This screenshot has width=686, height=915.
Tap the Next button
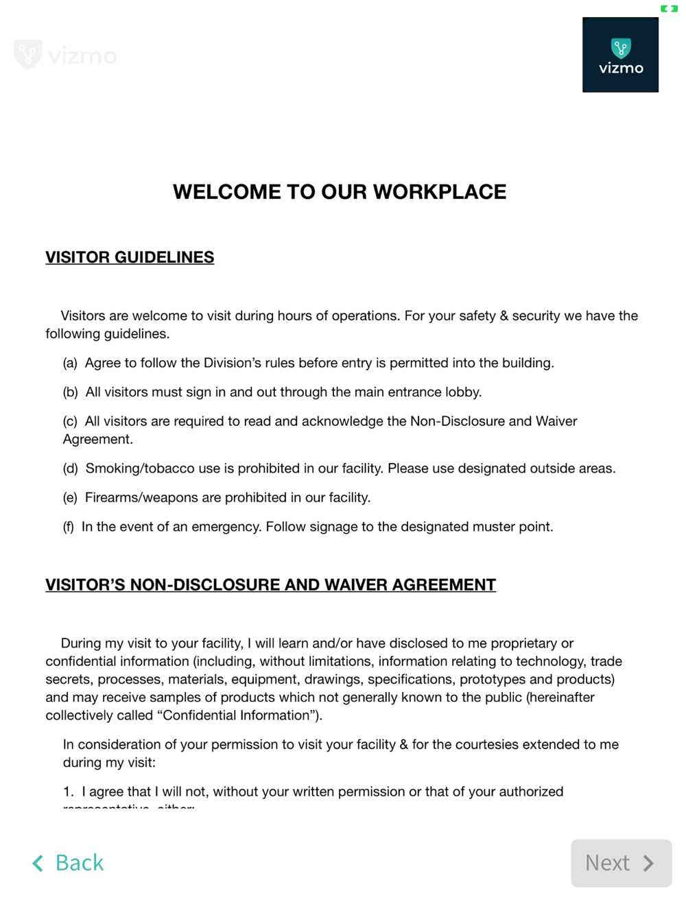[621, 863]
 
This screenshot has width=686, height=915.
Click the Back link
[69, 863]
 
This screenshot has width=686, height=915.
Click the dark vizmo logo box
[620, 55]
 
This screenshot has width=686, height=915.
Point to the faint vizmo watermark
[65, 55]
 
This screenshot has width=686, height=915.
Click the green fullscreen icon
[669, 9]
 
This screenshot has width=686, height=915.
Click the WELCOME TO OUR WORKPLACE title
[340, 192]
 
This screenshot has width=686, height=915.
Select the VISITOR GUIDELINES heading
[130, 257]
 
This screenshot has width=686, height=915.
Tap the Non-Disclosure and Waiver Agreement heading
[270, 585]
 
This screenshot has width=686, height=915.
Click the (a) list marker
[70, 363]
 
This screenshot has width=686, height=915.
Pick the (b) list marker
[70, 392]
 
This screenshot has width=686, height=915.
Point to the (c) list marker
[70, 421]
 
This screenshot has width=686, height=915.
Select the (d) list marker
[70, 468]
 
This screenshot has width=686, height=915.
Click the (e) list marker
[70, 498]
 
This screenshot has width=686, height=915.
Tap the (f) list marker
[69, 527]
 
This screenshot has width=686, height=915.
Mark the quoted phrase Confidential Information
[237, 715]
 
